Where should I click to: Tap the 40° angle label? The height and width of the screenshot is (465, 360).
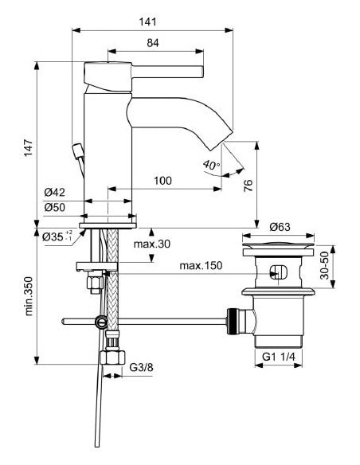point(211,165)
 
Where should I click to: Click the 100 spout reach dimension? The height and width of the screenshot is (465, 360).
point(162,181)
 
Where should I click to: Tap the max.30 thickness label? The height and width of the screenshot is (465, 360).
point(153,244)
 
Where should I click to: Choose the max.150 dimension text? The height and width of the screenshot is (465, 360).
point(201,265)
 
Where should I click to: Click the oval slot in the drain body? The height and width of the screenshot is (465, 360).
point(277,272)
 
